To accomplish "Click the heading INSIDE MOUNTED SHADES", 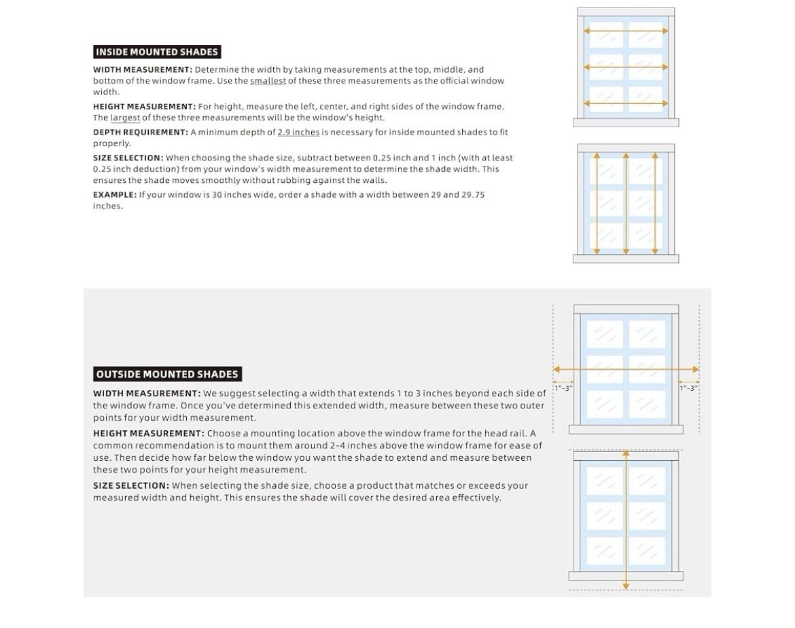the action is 157,52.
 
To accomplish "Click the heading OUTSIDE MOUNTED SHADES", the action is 167,374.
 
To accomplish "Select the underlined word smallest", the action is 268,81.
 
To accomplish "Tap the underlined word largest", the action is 125,118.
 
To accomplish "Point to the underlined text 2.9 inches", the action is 298,133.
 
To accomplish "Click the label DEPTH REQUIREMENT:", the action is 141,133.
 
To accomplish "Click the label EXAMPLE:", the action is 115,195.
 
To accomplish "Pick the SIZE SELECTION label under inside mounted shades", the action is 128,158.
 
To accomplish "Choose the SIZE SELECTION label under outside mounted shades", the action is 131,485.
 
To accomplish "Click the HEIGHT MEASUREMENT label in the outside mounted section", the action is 149,433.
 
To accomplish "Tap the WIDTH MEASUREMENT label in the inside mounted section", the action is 143,69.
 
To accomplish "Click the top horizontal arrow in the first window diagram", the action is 626,31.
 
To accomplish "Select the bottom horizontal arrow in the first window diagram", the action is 626,103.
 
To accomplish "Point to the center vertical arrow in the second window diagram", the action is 626,203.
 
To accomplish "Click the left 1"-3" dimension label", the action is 563,388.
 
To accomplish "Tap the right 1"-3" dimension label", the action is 688,388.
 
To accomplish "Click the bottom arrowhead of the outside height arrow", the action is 626,587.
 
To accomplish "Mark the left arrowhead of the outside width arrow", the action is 556,369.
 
